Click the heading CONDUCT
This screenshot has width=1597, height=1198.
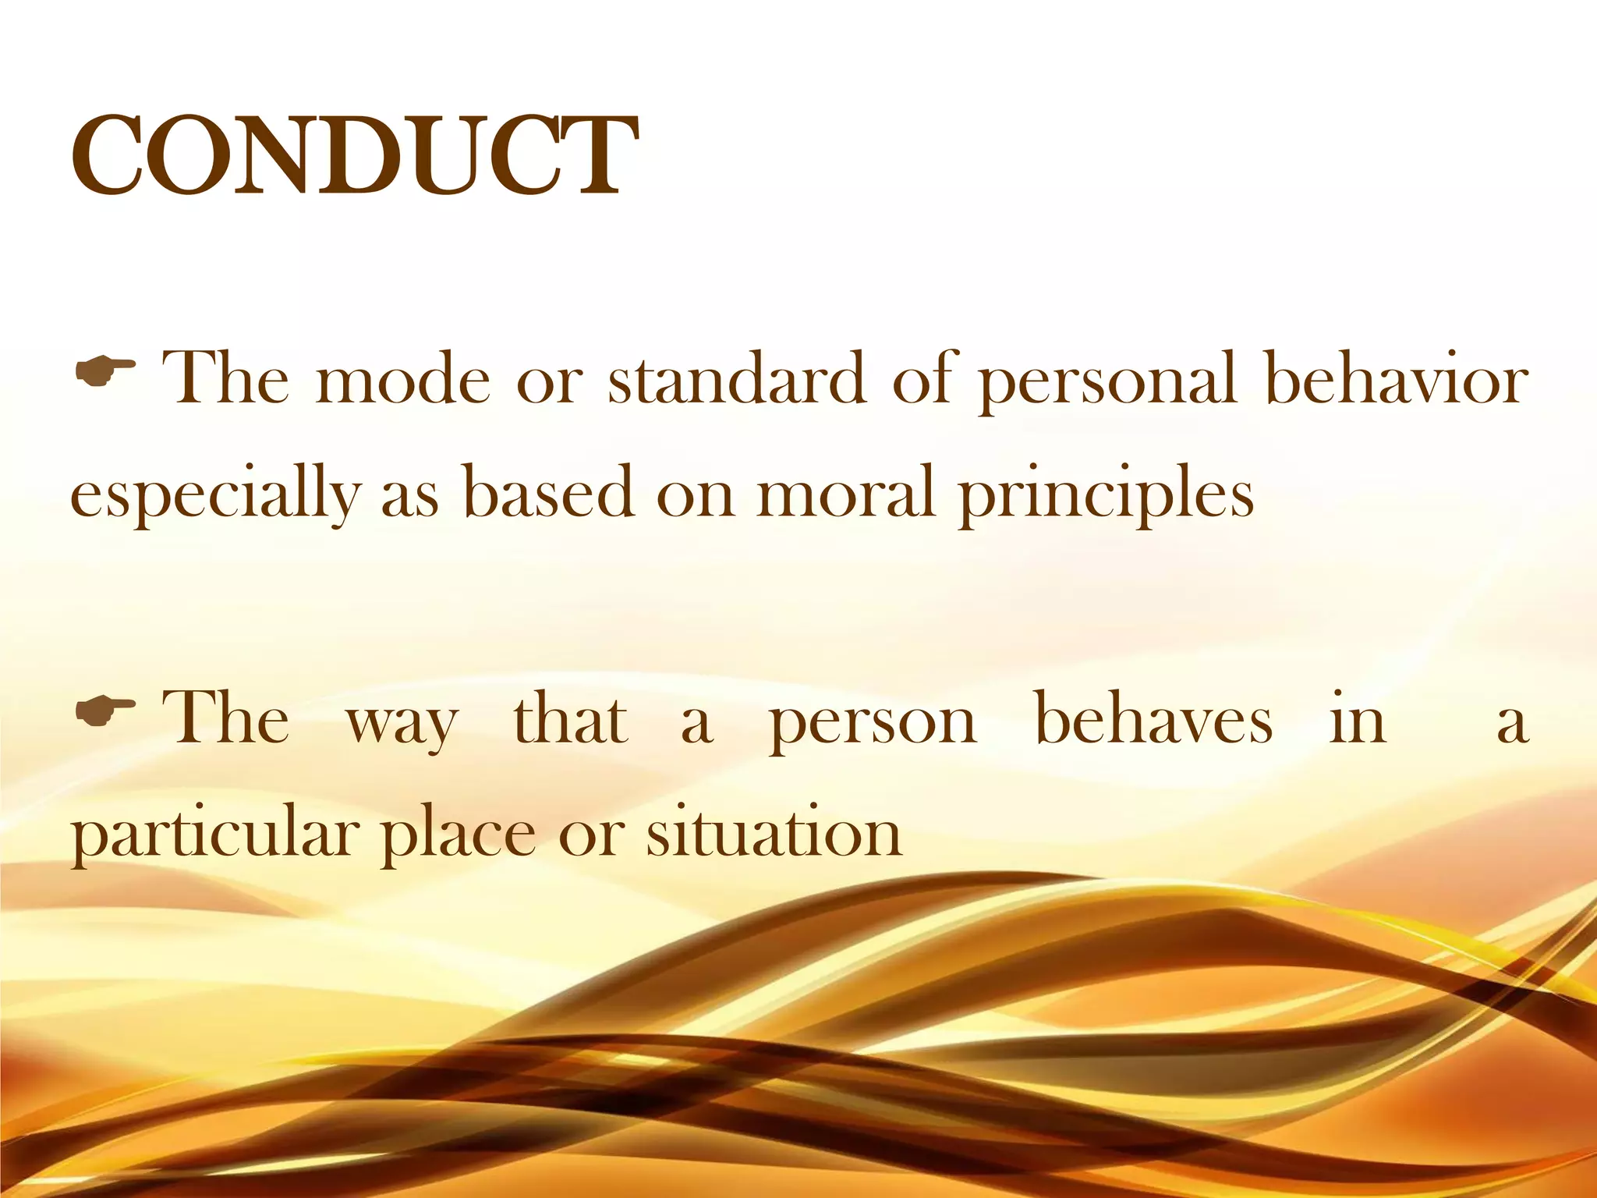(355, 156)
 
